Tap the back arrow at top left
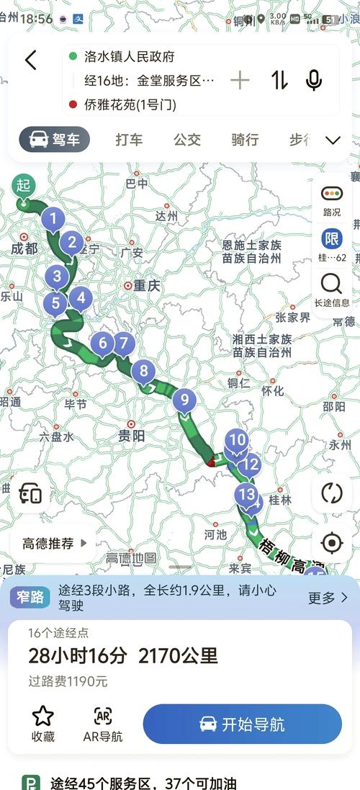click(x=30, y=60)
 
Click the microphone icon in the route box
click(x=314, y=80)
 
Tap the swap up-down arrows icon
click(x=279, y=80)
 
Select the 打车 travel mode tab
click(x=129, y=140)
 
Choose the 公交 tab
click(x=187, y=140)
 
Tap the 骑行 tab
click(x=245, y=140)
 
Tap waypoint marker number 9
click(x=184, y=400)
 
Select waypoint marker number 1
click(x=53, y=219)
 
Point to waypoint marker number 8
click(x=143, y=372)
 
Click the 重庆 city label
click(x=145, y=286)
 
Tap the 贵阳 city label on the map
click(x=132, y=435)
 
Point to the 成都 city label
click(x=24, y=248)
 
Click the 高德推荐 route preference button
click(x=53, y=544)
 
